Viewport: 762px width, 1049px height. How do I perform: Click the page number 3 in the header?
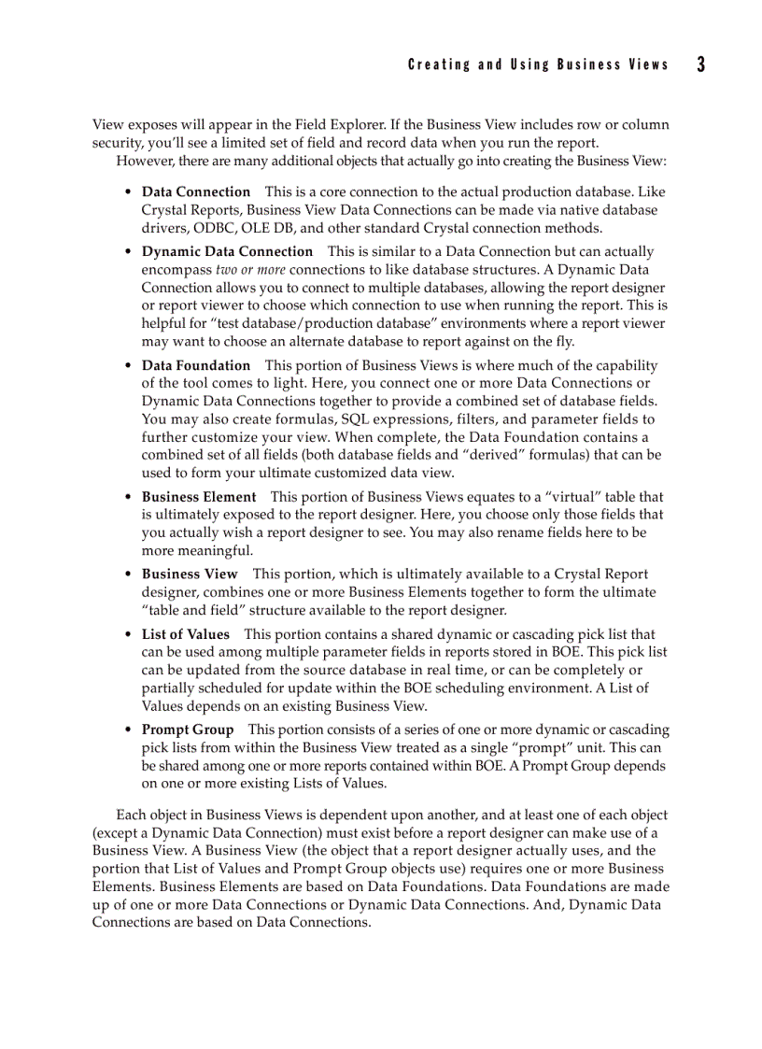(x=700, y=64)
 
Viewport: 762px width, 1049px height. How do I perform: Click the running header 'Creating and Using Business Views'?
(x=538, y=65)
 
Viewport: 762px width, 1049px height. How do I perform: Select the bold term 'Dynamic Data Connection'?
(x=227, y=251)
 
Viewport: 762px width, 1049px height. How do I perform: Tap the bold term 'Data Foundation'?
(x=196, y=365)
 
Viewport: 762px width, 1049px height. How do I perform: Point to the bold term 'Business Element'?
(x=199, y=497)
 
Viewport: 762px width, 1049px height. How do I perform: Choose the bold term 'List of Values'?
(x=186, y=634)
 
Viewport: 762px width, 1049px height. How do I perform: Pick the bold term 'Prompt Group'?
(x=188, y=730)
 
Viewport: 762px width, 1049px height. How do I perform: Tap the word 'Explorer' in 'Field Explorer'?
(x=360, y=124)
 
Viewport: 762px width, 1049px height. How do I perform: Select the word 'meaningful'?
(x=198, y=551)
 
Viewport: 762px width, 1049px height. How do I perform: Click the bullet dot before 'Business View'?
(x=129, y=574)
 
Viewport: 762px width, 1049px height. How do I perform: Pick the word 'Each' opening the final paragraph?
(x=131, y=815)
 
